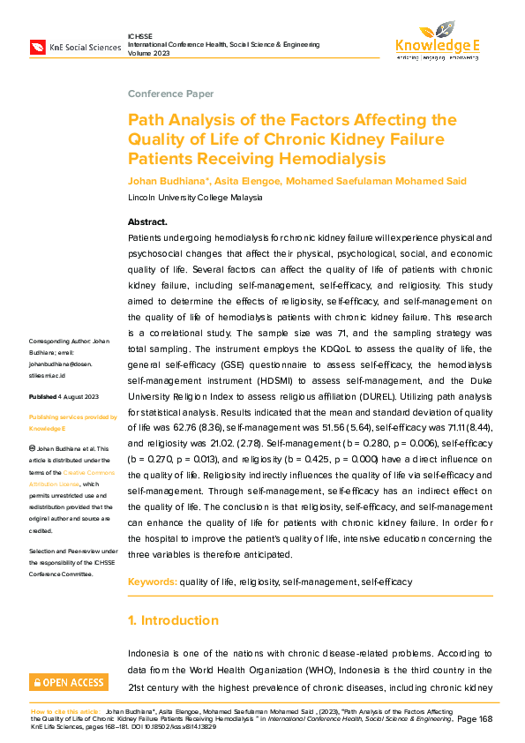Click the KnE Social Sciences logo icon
click(38, 45)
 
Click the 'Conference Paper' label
click(170, 94)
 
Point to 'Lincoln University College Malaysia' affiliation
click(195, 197)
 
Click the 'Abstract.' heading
click(147, 221)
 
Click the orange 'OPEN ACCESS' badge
click(69, 682)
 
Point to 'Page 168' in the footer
click(476, 720)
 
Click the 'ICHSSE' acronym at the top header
click(141, 34)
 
